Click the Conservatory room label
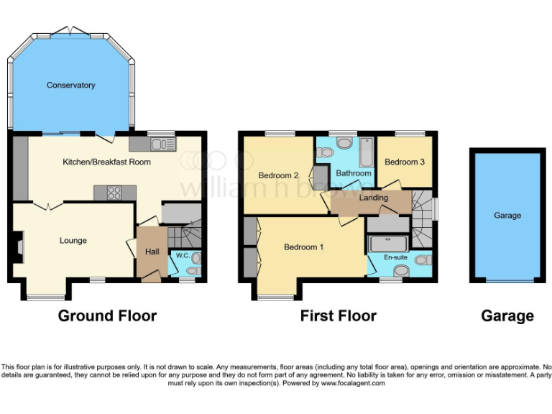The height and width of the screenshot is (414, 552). pos(70,86)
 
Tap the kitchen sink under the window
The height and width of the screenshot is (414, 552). pos(162,144)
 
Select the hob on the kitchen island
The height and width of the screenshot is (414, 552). pos(114,192)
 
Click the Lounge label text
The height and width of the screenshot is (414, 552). pos(73,241)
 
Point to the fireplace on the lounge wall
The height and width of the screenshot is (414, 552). pos(19,248)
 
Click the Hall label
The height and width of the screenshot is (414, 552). pos(152,252)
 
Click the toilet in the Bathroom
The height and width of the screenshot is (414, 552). pos(327,152)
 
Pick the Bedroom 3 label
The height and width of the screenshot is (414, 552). pos(404,162)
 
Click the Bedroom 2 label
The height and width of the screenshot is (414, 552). pos(278,175)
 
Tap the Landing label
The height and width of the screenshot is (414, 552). pos(373,198)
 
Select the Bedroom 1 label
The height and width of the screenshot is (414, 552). pos(303,247)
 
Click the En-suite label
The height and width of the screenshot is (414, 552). pos(395,257)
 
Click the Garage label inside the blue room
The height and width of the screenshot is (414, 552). pos(507,216)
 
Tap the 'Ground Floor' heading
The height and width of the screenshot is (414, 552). pos(107,316)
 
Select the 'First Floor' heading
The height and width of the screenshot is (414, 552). pos(338,316)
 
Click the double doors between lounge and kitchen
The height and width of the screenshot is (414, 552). pos(49,206)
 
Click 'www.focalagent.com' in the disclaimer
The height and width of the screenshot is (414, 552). pos(352,383)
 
